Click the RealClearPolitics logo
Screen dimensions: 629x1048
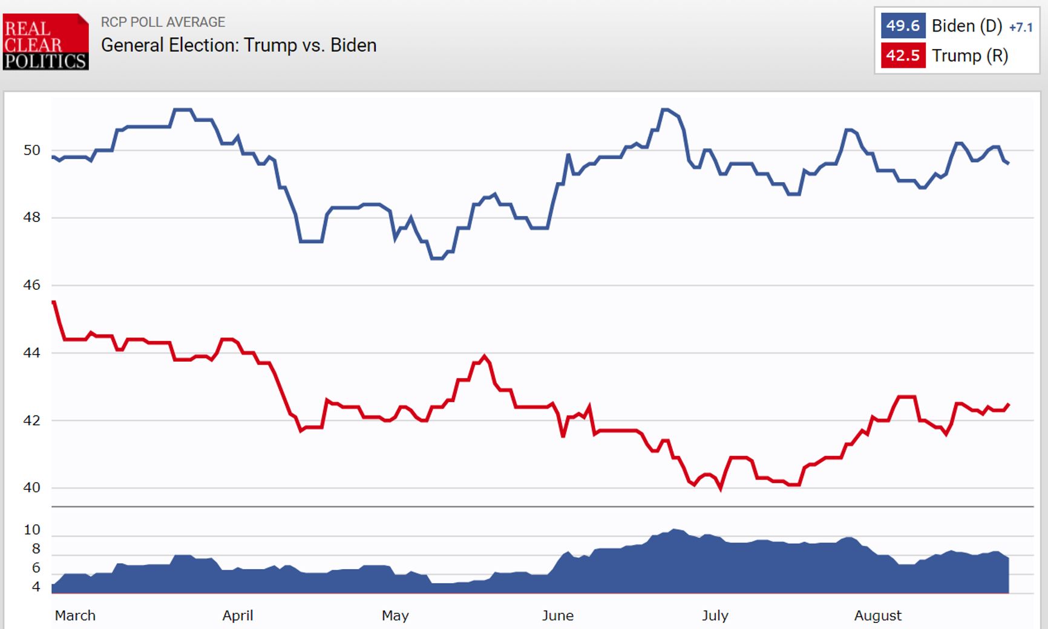pyautogui.click(x=45, y=42)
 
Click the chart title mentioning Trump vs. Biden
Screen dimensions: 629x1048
pyautogui.click(x=238, y=45)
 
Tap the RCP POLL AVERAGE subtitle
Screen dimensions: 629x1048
pyautogui.click(x=163, y=22)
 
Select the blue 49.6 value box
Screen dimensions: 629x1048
pyautogui.click(x=902, y=26)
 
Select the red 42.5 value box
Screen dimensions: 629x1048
pyautogui.click(x=902, y=56)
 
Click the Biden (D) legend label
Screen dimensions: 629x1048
pyautogui.click(x=966, y=26)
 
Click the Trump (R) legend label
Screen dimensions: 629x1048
pyautogui.click(x=969, y=56)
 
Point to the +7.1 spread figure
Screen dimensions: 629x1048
pyautogui.click(x=1021, y=27)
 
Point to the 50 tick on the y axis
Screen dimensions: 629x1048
pyautogui.click(x=32, y=150)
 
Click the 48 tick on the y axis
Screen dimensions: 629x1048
pyautogui.click(x=32, y=217)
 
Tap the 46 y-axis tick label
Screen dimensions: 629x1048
pyautogui.click(x=32, y=285)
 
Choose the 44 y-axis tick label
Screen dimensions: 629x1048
pyautogui.click(x=32, y=353)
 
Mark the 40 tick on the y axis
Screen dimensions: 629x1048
pyautogui.click(x=32, y=487)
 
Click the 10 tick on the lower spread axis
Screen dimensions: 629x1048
pyautogui.click(x=32, y=530)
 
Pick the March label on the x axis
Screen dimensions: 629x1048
pyautogui.click(x=75, y=616)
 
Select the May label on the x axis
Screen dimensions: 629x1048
pyautogui.click(x=395, y=616)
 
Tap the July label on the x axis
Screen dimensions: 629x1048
pyautogui.click(x=715, y=616)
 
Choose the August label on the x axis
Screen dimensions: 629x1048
pyautogui.click(x=877, y=616)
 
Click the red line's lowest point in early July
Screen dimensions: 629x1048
pyautogui.click(x=721, y=489)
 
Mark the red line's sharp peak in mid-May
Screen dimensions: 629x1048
pyautogui.click(x=484, y=356)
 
